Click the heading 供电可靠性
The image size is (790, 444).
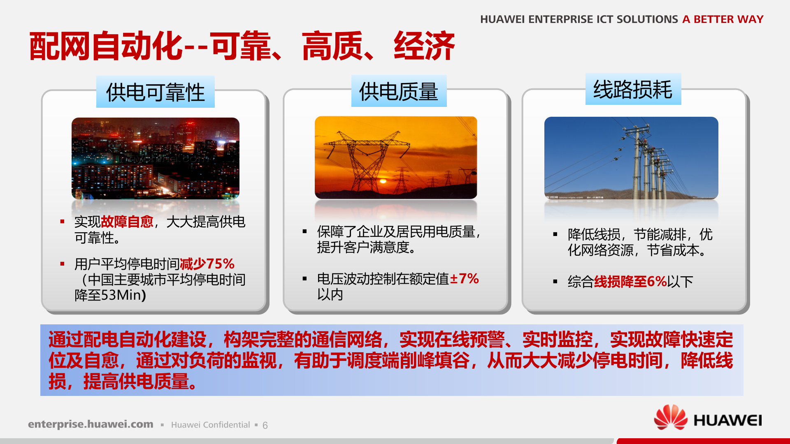click(155, 92)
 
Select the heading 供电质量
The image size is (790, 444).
click(398, 91)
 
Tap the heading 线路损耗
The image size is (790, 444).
click(633, 89)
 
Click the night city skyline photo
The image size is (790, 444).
click(155, 158)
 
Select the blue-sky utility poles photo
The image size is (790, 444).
click(631, 158)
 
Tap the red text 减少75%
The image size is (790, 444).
click(207, 264)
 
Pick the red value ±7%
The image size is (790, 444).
click(464, 279)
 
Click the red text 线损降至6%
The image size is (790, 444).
click(630, 282)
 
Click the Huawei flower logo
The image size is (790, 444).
click(670, 418)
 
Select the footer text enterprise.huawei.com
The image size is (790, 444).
click(91, 424)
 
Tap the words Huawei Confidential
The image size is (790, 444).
click(210, 425)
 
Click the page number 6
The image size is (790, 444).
click(265, 425)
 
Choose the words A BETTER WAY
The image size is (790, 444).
click(723, 19)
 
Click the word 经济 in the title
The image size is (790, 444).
click(424, 46)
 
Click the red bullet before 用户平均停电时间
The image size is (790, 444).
click(63, 264)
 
